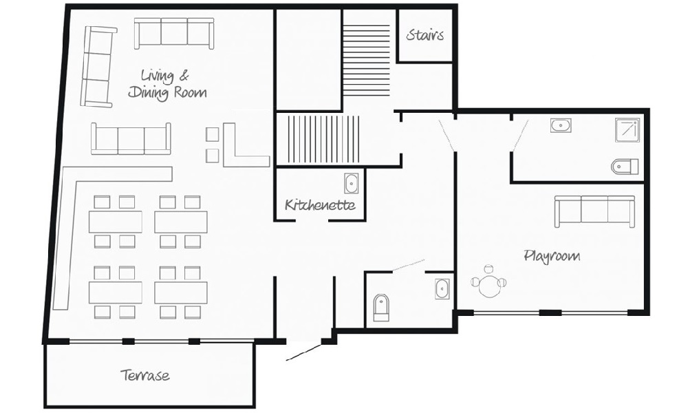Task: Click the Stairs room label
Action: tap(424, 34)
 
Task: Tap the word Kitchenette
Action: tap(320, 204)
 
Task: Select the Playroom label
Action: tap(552, 256)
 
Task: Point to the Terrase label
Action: tap(145, 375)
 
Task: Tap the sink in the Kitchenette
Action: tap(351, 183)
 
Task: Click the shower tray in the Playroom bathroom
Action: tap(627, 130)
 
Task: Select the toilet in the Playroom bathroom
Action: tap(625, 167)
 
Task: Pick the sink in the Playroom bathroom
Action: tap(561, 125)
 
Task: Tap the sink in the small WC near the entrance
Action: tap(442, 289)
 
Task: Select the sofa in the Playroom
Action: tap(594, 211)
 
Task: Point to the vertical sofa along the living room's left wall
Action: tap(98, 66)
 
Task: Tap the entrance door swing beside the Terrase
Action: tap(304, 352)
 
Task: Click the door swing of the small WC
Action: tap(408, 265)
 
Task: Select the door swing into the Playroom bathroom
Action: tap(521, 131)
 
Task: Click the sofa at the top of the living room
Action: tap(174, 33)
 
